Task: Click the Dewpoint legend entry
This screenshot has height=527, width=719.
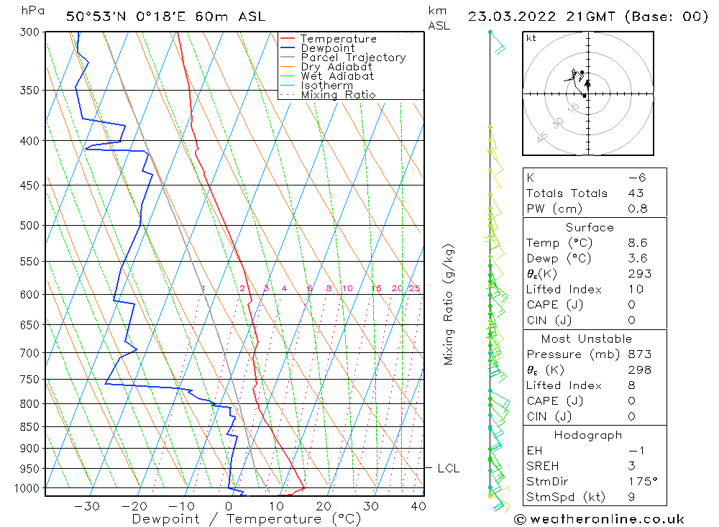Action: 327,48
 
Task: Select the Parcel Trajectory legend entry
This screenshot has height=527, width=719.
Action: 353,58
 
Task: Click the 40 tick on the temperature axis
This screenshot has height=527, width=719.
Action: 417,506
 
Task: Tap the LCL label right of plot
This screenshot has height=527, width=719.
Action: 448,469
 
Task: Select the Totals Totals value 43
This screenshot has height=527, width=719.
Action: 636,193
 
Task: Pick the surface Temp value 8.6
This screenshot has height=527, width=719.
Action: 638,243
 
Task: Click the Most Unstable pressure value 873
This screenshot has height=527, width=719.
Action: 639,354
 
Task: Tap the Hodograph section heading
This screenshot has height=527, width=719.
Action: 589,435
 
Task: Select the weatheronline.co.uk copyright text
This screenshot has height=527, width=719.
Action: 600,519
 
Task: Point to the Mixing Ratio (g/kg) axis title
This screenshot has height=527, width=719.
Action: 449,304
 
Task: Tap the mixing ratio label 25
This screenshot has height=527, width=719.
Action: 414,289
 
